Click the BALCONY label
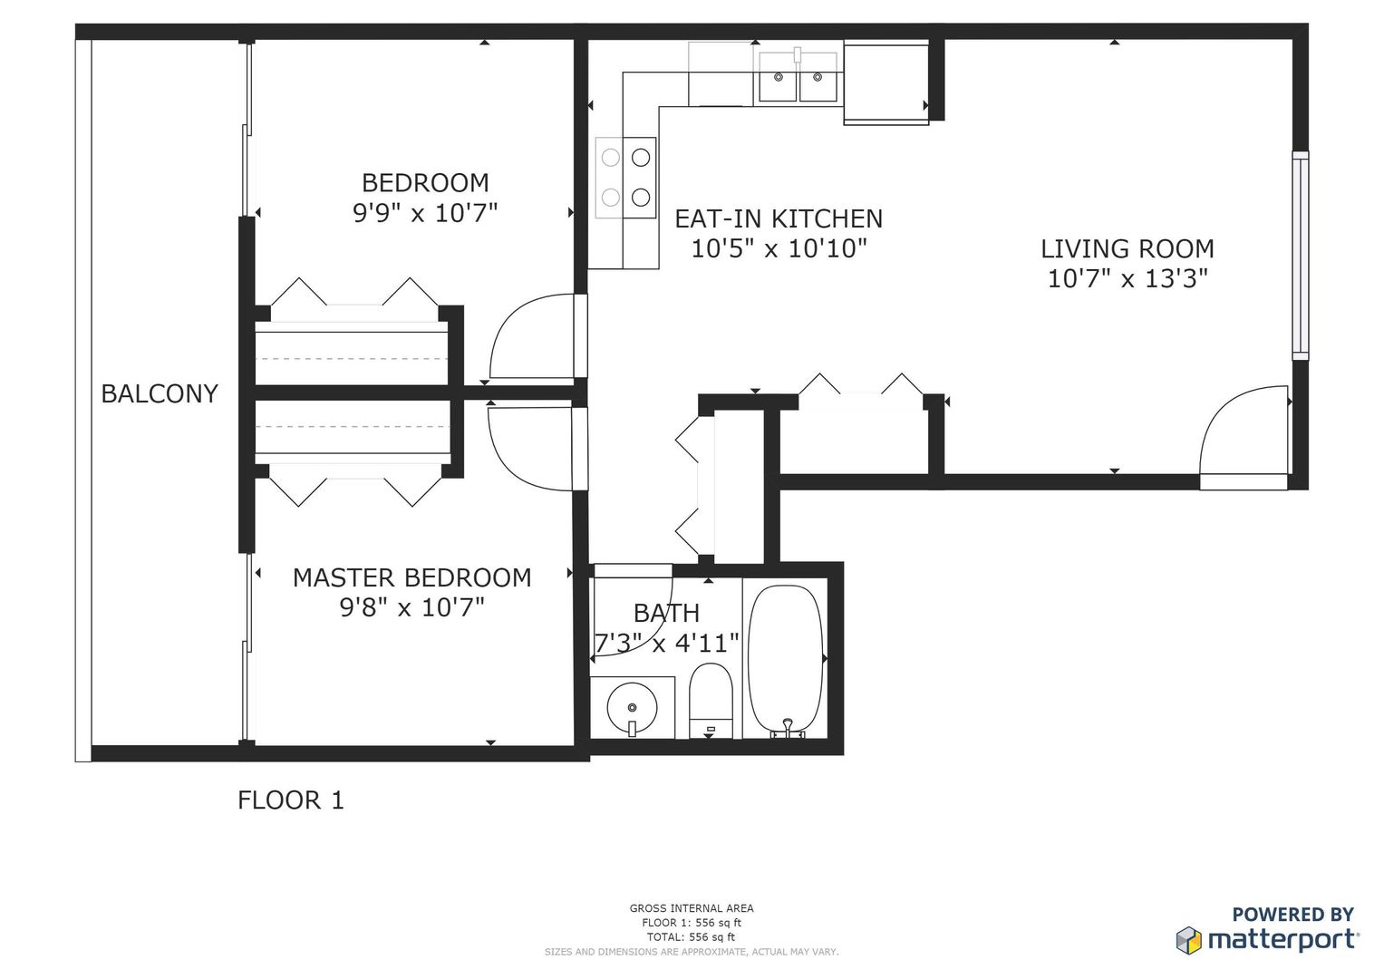pos(160,393)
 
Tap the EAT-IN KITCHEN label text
pos(779,218)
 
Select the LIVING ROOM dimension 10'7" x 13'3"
pos(1128,279)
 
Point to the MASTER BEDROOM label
pos(412,578)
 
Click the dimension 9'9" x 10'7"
pos(425,213)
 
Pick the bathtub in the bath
pos(785,660)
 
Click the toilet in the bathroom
pos(711,701)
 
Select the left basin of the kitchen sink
pos(778,77)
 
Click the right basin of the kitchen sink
pos(818,77)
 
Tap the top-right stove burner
pos(641,158)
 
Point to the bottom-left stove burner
pos(611,198)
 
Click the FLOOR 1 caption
pos(290,800)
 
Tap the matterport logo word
pos(1283,941)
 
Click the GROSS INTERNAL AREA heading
pos(692,908)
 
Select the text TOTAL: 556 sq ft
pos(692,937)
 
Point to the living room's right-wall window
pos(1301,256)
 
